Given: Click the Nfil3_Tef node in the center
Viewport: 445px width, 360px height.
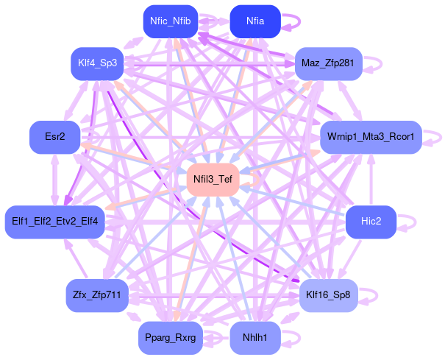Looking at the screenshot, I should [x=213, y=180].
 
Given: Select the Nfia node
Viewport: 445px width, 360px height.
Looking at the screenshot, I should [x=255, y=21].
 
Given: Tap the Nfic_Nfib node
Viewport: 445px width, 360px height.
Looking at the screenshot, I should [x=170, y=21].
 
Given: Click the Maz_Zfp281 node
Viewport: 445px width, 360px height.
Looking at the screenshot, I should [x=327, y=63].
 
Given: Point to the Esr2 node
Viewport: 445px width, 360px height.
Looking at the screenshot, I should [x=54, y=137].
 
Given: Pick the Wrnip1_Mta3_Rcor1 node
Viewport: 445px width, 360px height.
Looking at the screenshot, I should [x=371, y=137].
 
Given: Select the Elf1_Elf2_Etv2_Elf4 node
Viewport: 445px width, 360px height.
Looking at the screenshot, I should [x=55, y=221].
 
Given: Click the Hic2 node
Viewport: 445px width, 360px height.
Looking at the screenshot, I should [x=371, y=221].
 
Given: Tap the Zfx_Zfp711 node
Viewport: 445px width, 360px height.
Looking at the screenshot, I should [x=97, y=295].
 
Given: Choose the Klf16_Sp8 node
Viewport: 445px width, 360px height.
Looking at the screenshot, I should [x=328, y=295].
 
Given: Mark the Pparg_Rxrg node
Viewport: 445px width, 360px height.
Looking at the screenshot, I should [x=170, y=338].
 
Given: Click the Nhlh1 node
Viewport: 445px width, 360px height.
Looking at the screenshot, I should [x=255, y=338].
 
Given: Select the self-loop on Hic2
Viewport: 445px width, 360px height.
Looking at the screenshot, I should [x=409, y=221].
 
